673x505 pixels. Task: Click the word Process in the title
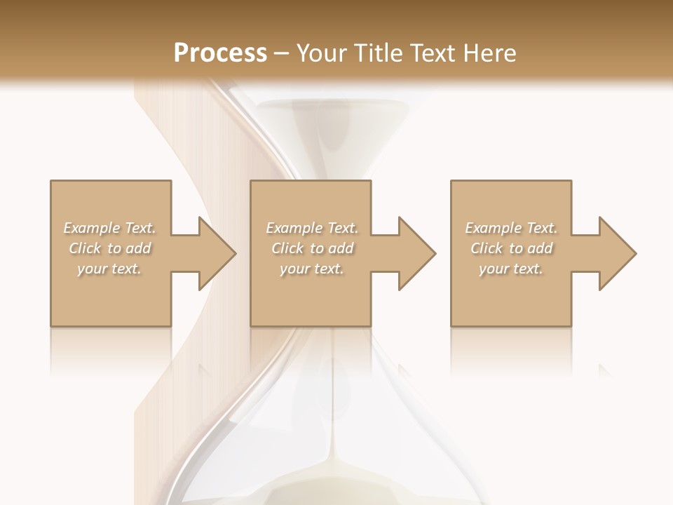tap(220, 53)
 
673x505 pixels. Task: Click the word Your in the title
tap(322, 53)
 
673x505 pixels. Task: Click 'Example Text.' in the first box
tap(109, 228)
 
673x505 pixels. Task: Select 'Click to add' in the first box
tap(109, 248)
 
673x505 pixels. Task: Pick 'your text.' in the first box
tap(109, 269)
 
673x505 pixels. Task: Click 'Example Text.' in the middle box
tap(311, 228)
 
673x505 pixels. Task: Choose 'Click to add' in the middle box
tap(311, 248)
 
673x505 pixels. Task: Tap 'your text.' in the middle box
tap(311, 269)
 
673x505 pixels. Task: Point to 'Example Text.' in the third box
tap(510, 228)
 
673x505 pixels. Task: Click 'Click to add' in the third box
tap(510, 248)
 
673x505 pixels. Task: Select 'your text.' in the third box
tap(510, 269)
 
